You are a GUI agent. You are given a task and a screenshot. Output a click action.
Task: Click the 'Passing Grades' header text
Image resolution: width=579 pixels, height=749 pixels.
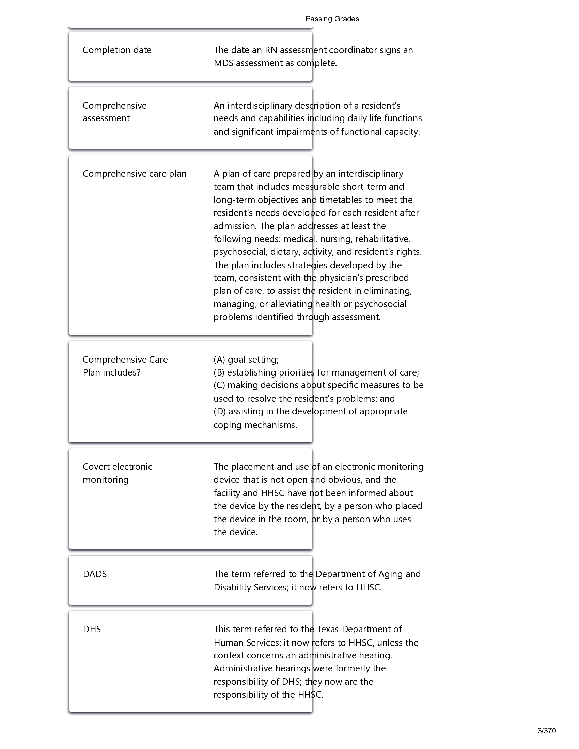pos(332,19)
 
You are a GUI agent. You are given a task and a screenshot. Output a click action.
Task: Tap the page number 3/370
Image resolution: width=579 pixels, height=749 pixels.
pos(546,731)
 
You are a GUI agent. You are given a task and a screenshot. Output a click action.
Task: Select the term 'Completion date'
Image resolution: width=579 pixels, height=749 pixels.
pos(117,50)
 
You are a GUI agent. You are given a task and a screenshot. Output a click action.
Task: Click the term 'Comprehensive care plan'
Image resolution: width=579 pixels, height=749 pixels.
pos(135,174)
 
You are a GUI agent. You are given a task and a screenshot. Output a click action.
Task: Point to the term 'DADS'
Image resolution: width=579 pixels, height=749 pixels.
pos(95,574)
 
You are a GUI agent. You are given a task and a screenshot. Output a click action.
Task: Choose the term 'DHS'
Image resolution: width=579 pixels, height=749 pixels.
pos(92,629)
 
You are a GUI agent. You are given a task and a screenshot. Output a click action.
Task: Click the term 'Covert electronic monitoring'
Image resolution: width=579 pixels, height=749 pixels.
pos(117,473)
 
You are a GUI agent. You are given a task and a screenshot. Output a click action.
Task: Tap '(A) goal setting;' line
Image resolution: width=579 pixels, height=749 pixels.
pos(246,360)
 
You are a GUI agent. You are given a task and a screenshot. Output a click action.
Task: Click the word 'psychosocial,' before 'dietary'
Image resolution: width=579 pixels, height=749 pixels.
pos(240,252)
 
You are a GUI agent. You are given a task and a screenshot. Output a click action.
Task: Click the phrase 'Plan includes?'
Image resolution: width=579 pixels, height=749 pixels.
pos(112,372)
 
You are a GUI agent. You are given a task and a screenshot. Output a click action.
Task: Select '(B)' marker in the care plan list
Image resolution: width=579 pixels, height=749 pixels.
pos(219,372)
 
